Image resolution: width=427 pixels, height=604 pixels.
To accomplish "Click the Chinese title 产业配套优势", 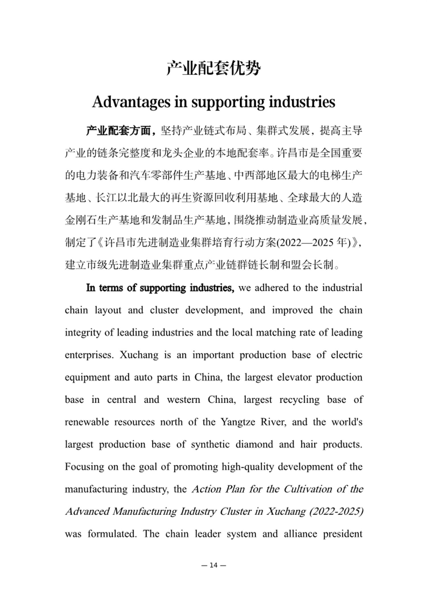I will click(x=213, y=68).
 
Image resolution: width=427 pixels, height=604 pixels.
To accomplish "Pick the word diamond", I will click(x=254, y=444).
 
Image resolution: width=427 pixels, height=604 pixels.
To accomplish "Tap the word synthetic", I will click(x=210, y=444).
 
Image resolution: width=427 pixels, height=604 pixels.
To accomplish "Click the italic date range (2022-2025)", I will click(x=336, y=511).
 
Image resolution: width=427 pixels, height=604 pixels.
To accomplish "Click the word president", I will click(x=342, y=534).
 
